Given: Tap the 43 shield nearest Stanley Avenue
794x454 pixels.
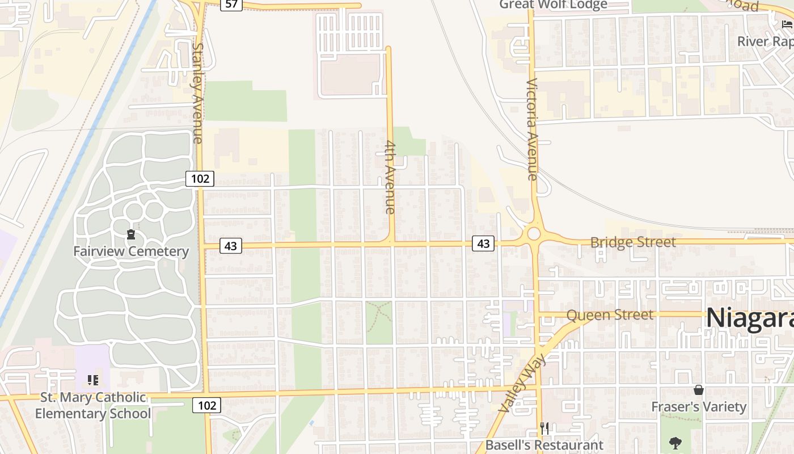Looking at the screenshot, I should click(230, 246).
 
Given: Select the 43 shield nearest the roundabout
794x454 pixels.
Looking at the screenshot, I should click(483, 243).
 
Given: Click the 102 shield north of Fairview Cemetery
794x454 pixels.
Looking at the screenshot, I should click(200, 179).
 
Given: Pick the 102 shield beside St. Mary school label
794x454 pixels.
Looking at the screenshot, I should click(206, 405).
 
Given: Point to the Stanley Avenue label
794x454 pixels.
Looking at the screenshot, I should click(197, 93).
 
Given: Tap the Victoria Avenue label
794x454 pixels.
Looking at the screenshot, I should click(532, 129).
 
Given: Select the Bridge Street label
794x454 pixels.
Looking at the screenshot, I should click(633, 242).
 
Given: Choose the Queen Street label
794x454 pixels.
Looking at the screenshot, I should click(610, 314).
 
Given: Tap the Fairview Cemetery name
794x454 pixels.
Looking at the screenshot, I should click(131, 251).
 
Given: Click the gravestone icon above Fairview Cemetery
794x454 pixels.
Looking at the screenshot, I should click(131, 234).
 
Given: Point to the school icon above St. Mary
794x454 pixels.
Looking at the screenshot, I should click(93, 380).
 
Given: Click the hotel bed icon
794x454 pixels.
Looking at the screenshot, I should click(787, 24).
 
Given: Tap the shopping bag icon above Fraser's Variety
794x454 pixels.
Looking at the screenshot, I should click(699, 390).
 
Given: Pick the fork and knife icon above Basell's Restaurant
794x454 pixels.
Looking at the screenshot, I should click(544, 428).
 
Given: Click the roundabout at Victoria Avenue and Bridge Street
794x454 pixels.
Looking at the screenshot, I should click(534, 233).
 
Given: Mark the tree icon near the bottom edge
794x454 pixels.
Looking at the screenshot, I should click(675, 443).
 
